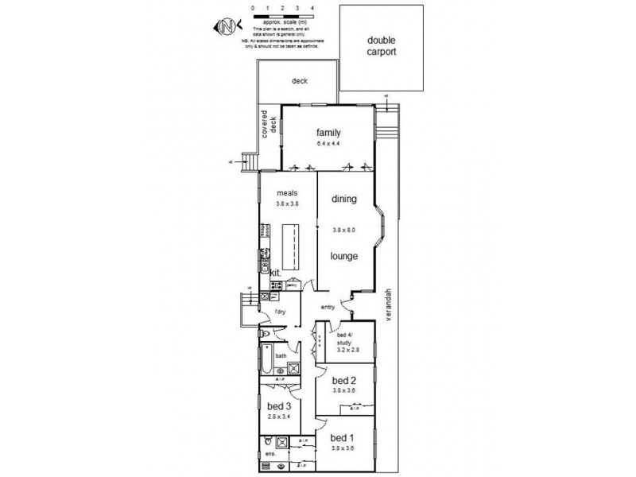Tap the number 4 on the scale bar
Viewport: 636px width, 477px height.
tap(312, 8)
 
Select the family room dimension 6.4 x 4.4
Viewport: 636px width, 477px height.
tap(328, 144)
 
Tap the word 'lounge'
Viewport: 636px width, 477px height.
tap(343, 256)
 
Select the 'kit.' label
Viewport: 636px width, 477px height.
tap(276, 273)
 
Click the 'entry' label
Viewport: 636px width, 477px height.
tap(328, 307)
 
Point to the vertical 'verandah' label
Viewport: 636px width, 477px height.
tap(390, 303)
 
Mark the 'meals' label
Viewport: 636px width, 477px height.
tap(286, 192)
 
